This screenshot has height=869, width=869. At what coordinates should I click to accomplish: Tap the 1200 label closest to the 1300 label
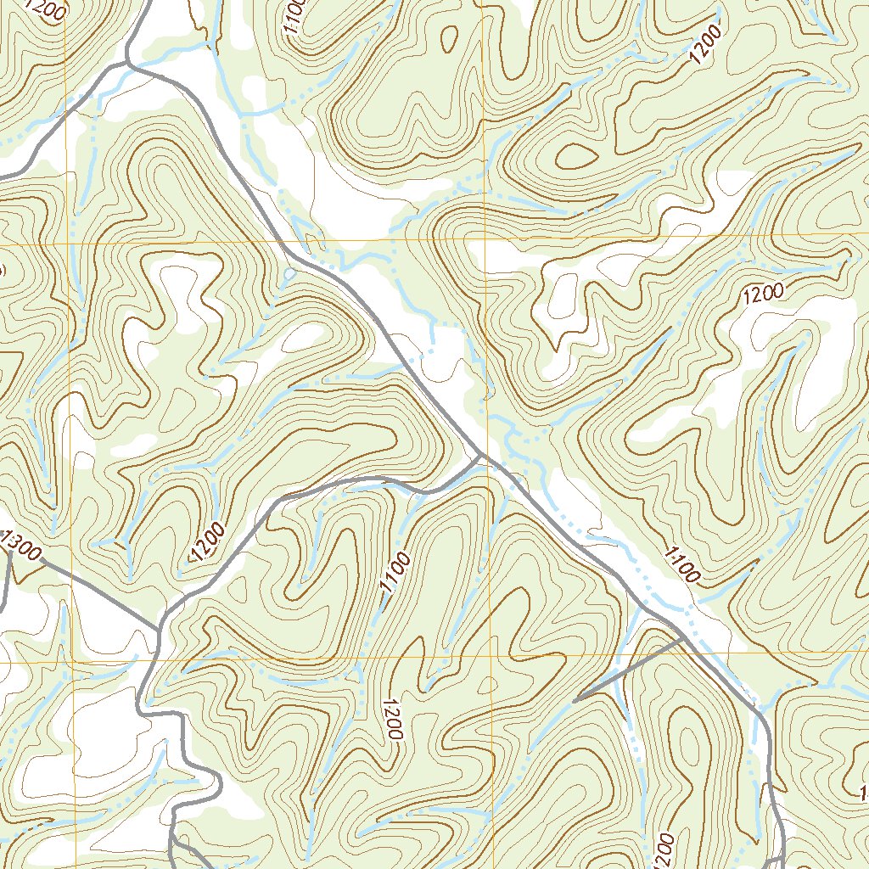[x=208, y=543]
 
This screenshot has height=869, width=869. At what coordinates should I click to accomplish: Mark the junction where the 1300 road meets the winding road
[x=159, y=630]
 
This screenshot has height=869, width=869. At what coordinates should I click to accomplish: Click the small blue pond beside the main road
[x=289, y=274]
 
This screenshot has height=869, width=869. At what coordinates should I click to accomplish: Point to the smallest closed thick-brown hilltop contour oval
[x=575, y=155]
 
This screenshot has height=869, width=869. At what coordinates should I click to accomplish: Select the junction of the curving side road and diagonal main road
[x=481, y=456]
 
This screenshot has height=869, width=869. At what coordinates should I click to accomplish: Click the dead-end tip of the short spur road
[x=575, y=701]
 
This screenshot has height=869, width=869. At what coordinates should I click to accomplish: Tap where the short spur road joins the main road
[x=684, y=636]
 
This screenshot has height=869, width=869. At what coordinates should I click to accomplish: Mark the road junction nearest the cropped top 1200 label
[x=127, y=61]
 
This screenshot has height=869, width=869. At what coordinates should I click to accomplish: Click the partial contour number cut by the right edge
[x=864, y=793]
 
